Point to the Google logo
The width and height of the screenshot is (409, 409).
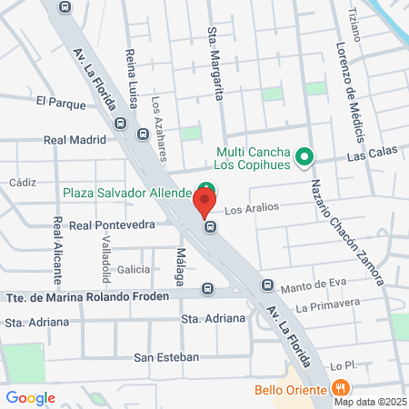tap(30, 397)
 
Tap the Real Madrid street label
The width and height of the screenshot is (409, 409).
tap(75, 140)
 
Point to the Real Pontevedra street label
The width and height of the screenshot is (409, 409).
tap(112, 224)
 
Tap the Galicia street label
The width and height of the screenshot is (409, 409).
tap(134, 270)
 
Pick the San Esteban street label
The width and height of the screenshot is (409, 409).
tap(166, 357)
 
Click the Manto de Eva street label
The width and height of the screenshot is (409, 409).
tap(308, 285)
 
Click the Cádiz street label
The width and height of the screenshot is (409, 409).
tap(22, 182)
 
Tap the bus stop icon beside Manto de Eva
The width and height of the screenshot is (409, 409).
tap(267, 285)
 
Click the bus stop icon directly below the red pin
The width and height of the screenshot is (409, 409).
tap(210, 226)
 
